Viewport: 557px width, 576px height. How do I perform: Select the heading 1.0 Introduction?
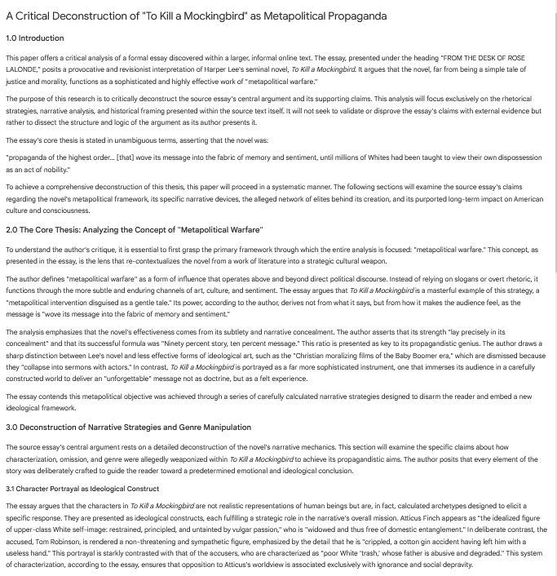[x=34, y=38]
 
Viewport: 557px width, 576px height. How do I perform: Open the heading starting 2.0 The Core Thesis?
[x=135, y=230]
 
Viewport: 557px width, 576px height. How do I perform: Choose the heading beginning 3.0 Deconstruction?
[x=128, y=428]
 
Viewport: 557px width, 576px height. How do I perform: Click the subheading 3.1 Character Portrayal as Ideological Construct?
[x=82, y=489]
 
